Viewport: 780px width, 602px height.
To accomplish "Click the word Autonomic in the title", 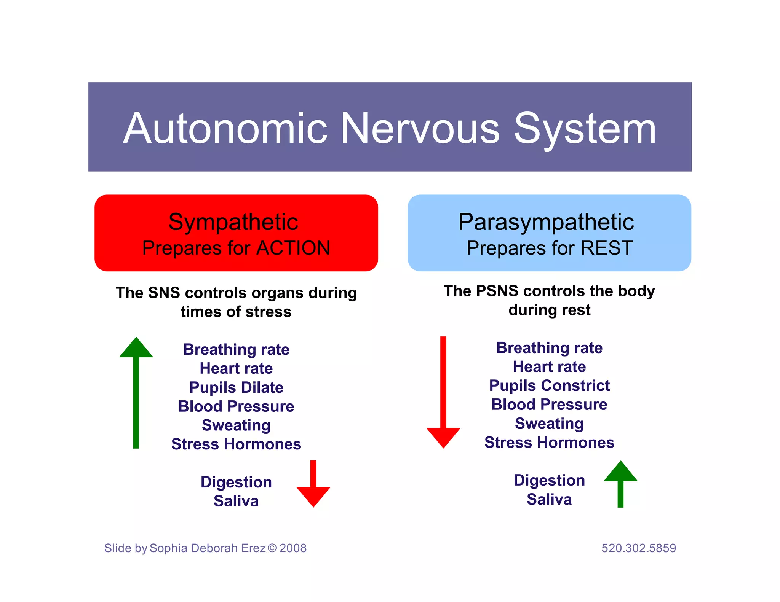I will (225, 129).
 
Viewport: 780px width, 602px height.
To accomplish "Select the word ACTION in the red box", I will (293, 248).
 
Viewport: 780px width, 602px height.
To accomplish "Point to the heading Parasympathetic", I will (546, 222).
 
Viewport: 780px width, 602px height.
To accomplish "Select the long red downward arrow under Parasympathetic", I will (443, 392).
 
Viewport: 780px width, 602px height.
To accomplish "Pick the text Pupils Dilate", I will (236, 387).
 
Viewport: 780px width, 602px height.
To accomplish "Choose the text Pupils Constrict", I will (549, 385).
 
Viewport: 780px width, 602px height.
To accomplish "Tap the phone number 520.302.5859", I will (638, 548).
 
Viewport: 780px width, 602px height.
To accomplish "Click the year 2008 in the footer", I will (293, 548).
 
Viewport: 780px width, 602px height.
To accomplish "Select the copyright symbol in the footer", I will (272, 548).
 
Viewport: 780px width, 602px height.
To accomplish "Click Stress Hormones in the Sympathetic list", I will (236, 444).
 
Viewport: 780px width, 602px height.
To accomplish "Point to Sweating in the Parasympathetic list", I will (549, 424).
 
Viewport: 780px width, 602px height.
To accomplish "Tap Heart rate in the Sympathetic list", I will (236, 368).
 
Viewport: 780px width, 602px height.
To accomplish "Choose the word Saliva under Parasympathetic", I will (549, 499).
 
